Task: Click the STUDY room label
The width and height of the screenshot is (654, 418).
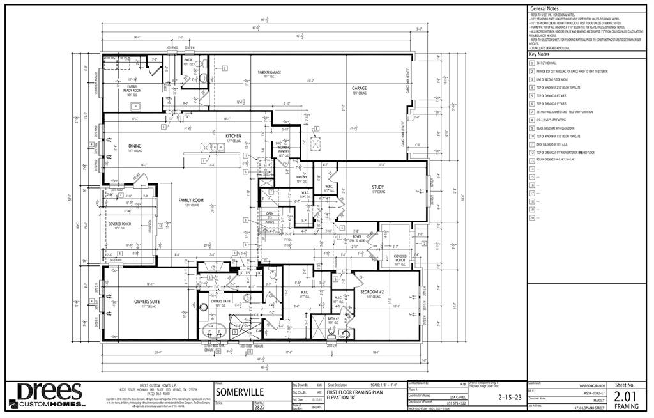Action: coord(378,188)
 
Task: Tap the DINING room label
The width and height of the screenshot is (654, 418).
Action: coord(135,146)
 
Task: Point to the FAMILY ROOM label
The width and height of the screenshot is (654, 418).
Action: coord(190,201)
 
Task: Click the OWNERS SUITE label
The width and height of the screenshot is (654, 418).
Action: coord(146,301)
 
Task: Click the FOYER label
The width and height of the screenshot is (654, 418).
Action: coord(357,236)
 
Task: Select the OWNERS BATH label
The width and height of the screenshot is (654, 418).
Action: coord(220,301)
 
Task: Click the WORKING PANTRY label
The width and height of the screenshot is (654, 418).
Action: coord(283,150)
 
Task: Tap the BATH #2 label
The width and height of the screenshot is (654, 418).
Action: coord(333,318)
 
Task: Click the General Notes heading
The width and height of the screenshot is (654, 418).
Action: coord(543,8)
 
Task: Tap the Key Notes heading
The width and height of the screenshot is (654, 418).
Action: coord(539,54)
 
